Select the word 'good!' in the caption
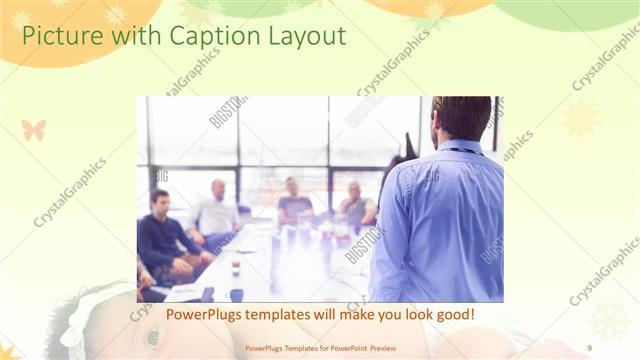[454, 315]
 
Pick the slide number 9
[589, 347]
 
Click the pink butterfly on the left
[33, 129]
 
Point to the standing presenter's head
[462, 117]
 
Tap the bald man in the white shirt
[216, 213]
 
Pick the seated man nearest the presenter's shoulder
[354, 205]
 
